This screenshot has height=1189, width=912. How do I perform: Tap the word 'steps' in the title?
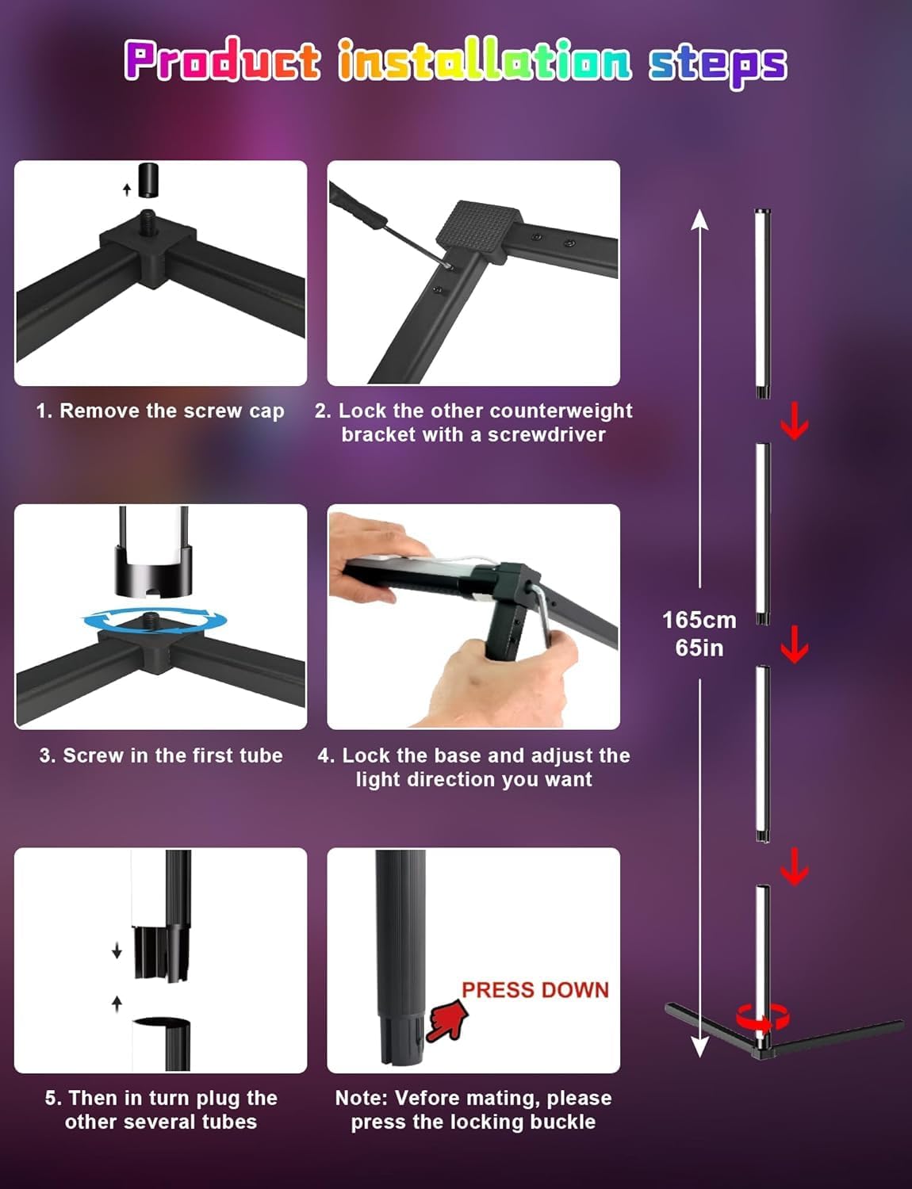[718, 64]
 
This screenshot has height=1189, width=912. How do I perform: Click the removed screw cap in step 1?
[148, 179]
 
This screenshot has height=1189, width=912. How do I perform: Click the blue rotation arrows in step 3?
[155, 621]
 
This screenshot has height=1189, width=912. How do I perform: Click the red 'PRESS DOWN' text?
[535, 990]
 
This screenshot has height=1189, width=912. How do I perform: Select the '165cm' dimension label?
[699, 620]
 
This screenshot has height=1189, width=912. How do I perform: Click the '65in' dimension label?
[699, 648]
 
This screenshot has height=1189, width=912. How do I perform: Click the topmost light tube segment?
[763, 303]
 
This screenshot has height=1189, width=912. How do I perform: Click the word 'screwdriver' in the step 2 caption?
[546, 434]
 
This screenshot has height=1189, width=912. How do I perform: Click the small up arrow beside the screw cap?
[127, 189]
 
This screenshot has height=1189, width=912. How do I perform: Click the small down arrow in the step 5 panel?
[117, 951]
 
